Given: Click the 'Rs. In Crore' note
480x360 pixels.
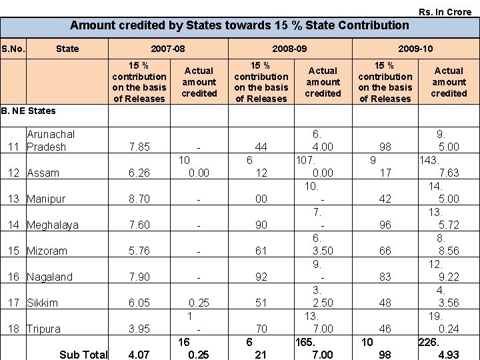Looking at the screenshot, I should [445, 12].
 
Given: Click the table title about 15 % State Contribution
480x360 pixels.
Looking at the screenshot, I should [239, 26].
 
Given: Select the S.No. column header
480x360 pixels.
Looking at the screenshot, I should [13, 49].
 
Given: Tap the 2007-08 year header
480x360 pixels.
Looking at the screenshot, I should [168, 49].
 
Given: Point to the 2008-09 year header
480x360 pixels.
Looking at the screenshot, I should [289, 49].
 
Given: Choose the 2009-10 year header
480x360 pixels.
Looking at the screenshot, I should [415, 49].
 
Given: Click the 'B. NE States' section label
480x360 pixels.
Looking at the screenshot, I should [28, 111].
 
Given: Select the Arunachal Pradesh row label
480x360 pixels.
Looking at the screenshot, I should [50, 141].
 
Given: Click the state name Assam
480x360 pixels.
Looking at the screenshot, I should [43, 173].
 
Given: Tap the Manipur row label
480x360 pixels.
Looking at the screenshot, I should [46, 199].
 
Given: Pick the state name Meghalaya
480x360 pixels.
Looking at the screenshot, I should [53, 225].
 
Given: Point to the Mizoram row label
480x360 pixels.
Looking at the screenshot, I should [47, 251].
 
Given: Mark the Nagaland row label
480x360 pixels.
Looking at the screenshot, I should [50, 277].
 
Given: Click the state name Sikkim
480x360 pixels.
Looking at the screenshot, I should [42, 303].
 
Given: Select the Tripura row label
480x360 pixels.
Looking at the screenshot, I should [43, 329].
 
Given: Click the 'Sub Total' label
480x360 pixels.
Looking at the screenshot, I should [83, 354].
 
